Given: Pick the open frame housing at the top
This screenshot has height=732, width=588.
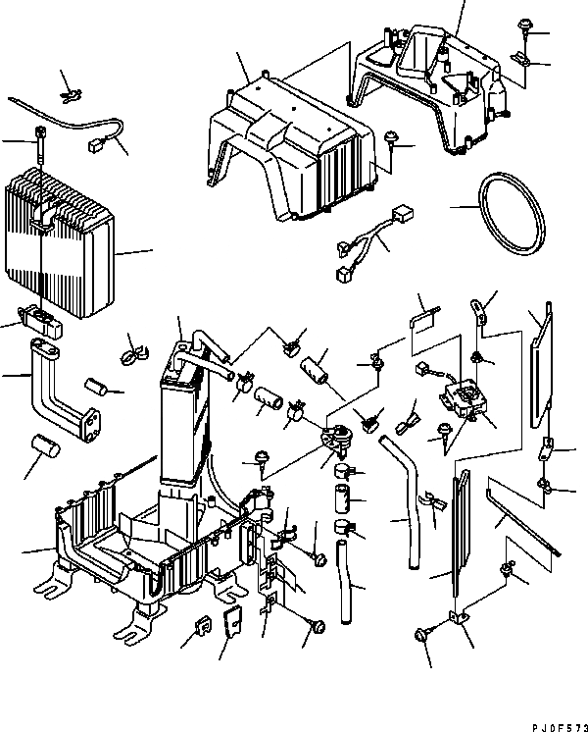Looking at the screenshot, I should [431, 83].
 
